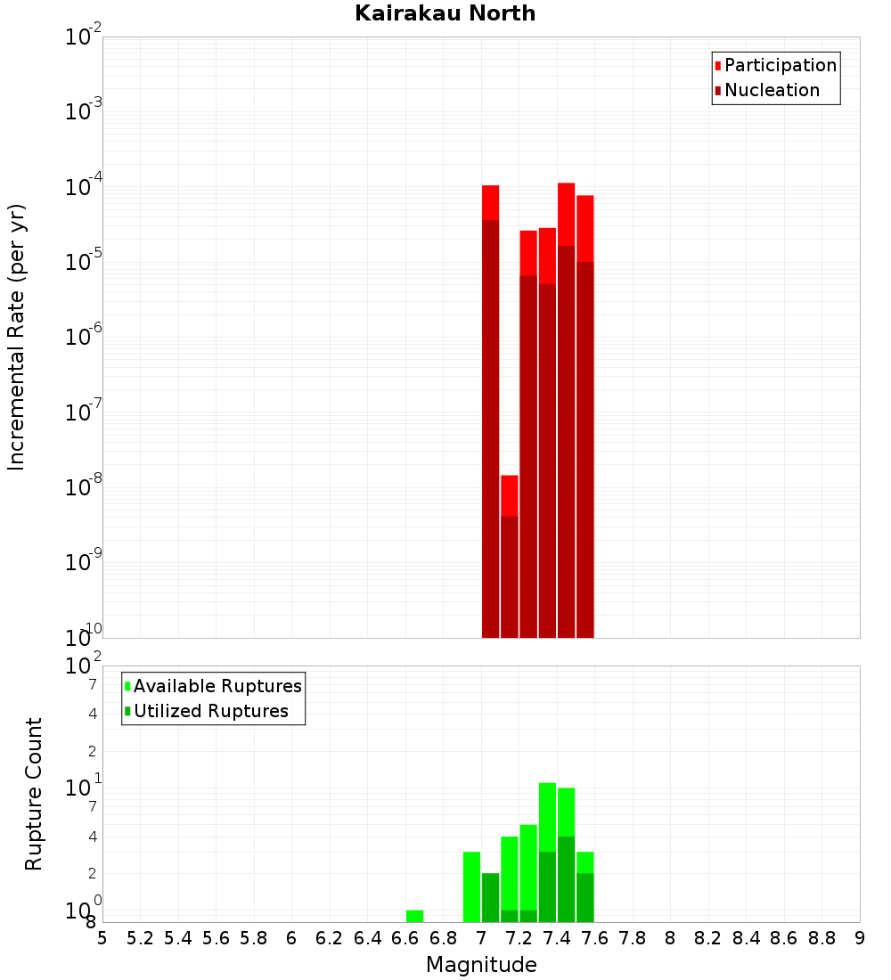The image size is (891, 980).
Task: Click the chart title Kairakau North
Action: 445,13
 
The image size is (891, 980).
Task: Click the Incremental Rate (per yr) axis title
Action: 16,338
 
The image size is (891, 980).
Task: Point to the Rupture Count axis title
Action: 34,794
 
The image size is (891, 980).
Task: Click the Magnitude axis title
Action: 481,965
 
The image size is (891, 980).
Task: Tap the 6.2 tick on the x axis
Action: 329,938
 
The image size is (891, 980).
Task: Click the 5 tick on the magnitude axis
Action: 102,938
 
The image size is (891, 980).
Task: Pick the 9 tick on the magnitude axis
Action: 860,938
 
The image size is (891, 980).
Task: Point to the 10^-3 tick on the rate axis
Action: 84,112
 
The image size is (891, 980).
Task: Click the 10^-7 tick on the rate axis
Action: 84,412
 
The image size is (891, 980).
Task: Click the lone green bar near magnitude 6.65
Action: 414,916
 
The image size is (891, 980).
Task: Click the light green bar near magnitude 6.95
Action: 471,886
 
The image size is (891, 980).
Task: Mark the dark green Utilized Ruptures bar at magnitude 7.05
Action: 490,897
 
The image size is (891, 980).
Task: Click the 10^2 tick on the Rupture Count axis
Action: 84,666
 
